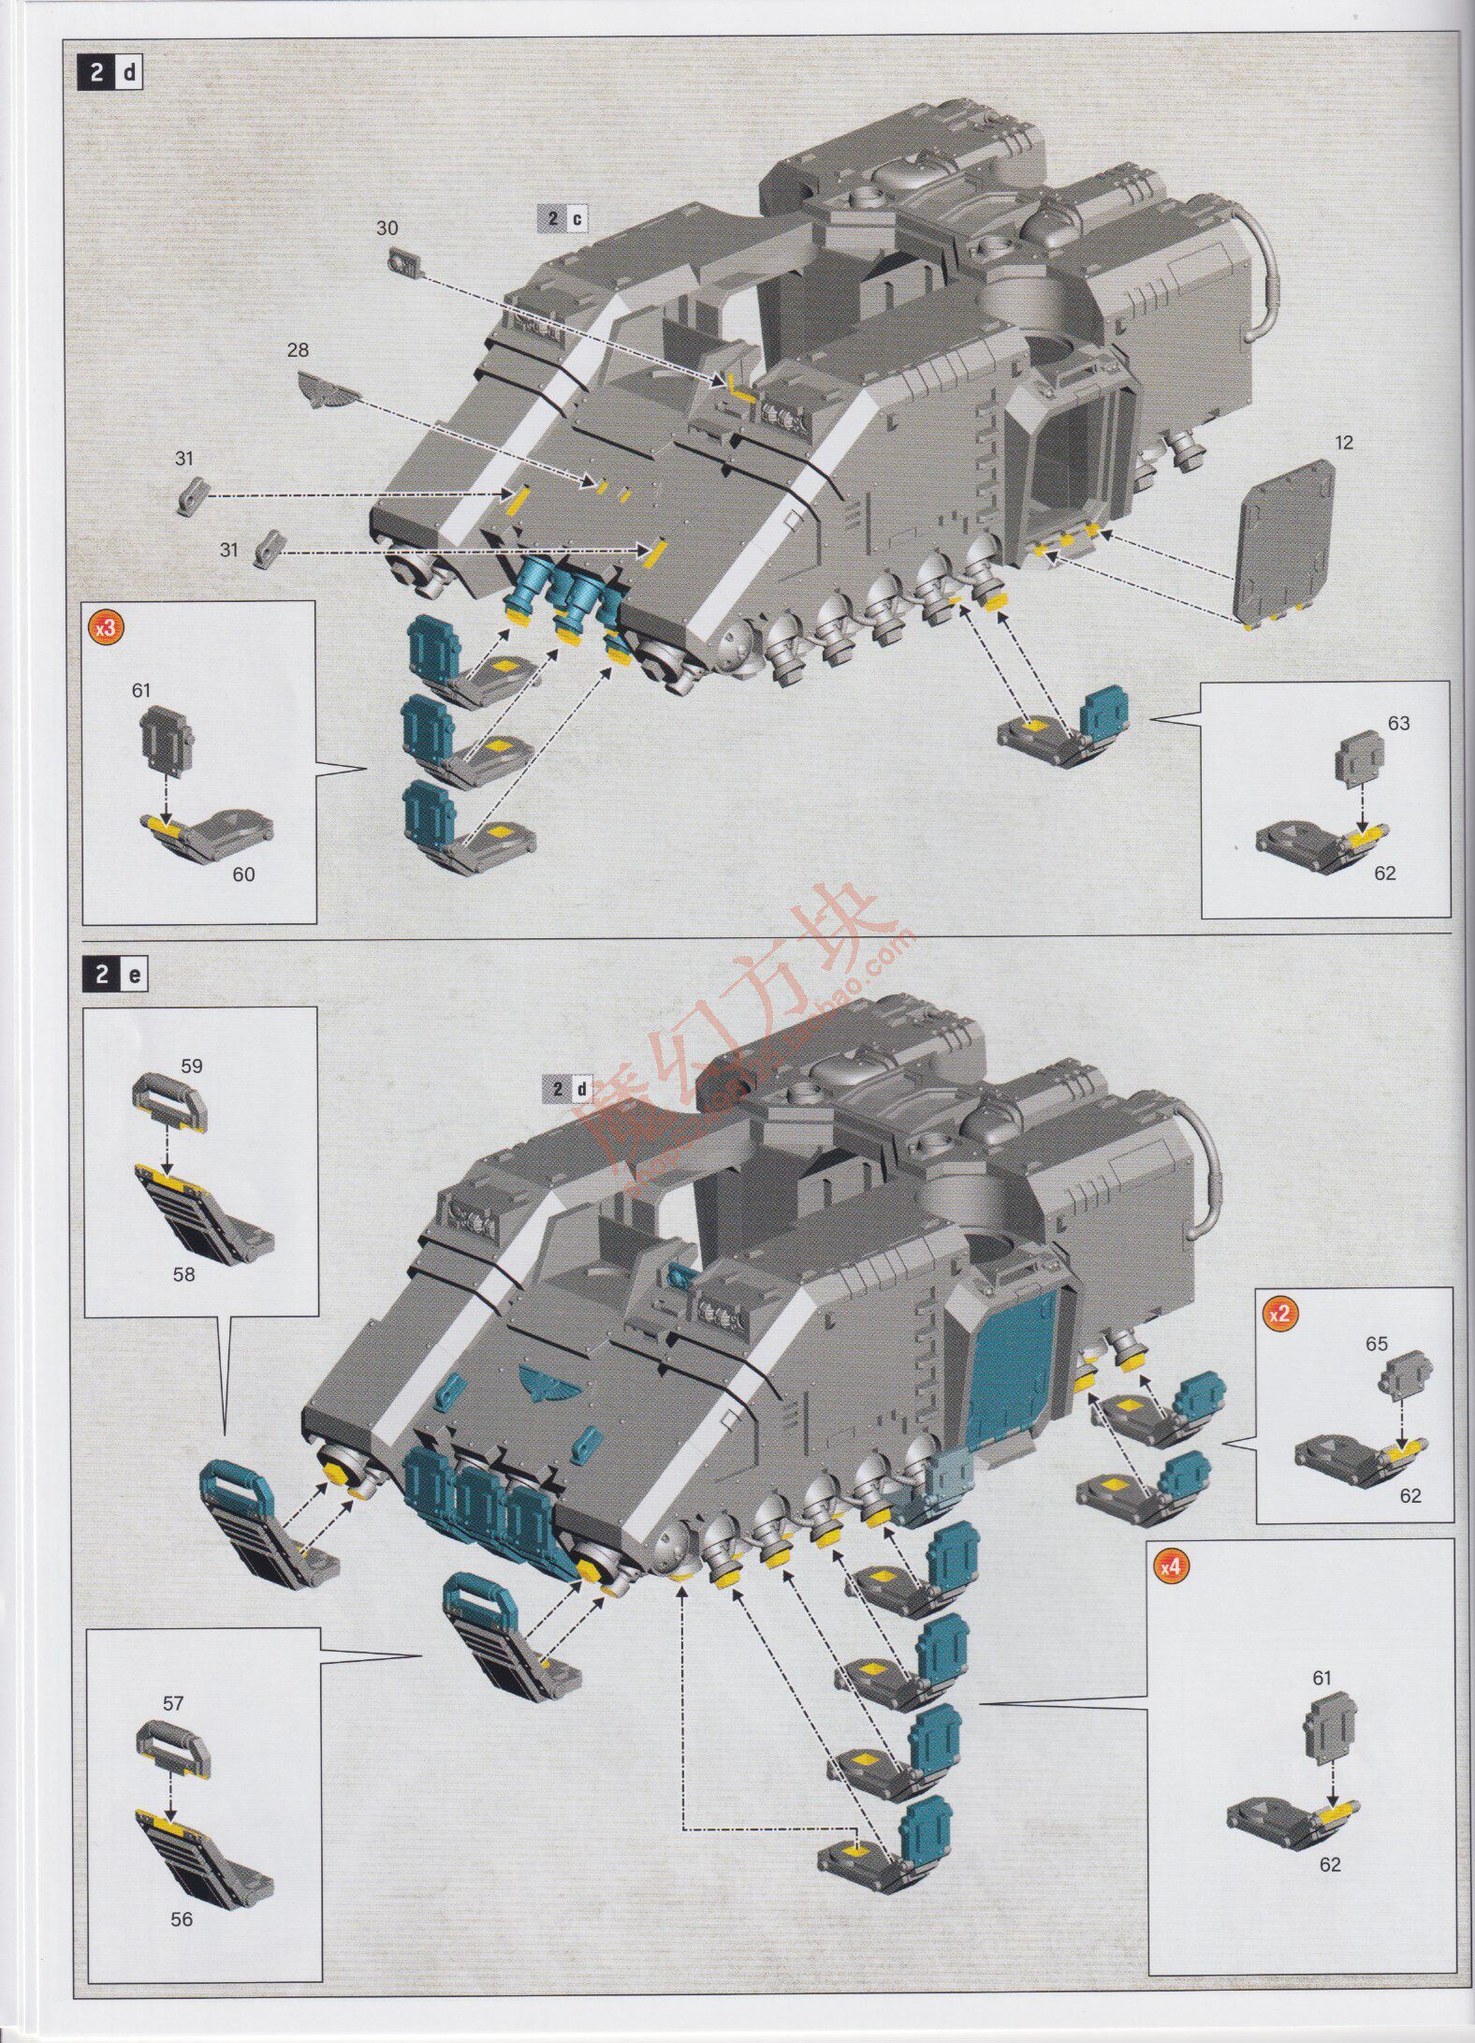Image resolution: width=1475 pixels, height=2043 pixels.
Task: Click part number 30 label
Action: pos(387,228)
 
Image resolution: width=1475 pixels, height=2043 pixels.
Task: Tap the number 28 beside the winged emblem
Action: pos(298,350)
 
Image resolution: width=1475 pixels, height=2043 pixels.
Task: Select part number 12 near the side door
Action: pos(1344,443)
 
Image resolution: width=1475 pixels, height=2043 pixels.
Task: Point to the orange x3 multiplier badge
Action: pos(105,629)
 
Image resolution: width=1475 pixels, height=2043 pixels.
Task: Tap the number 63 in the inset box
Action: pos(1398,723)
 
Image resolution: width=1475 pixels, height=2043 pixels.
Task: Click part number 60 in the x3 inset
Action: pos(243,875)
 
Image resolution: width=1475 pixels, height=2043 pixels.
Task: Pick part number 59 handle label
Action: pos(191,1066)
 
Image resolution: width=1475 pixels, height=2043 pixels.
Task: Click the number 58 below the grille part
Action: pos(183,1273)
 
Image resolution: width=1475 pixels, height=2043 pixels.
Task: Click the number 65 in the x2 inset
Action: pos(1376,1344)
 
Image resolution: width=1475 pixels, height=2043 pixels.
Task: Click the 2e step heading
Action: pos(118,976)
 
